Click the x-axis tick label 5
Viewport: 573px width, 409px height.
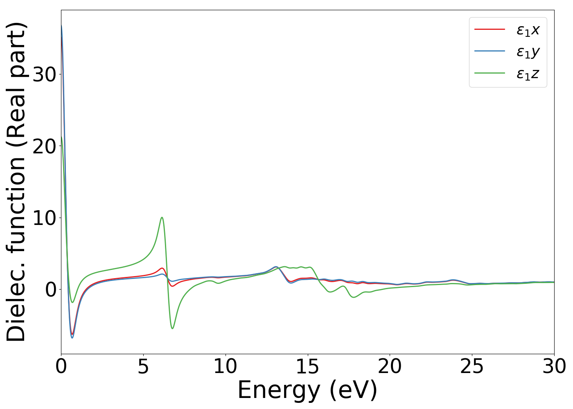pos(143,367)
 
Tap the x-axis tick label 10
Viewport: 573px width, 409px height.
pos(226,367)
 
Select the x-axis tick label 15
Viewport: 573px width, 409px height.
pos(308,367)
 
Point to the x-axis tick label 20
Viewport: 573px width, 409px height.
pos(390,367)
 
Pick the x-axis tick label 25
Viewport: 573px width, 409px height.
pos(472,367)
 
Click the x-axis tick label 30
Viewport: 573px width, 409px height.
pos(554,367)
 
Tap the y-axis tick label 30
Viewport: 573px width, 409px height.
pos(44,74)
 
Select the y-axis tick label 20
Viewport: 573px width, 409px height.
pos(44,146)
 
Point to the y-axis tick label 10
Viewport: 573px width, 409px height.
pos(44,218)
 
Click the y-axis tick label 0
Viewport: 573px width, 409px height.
pos(50,290)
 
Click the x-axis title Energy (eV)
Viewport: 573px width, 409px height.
pos(307,390)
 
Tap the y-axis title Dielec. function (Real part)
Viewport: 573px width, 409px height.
pos(16,182)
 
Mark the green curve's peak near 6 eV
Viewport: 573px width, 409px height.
pos(162,217)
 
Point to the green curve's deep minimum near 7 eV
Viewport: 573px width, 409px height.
pos(172,328)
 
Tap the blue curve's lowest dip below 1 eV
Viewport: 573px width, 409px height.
pos(72,338)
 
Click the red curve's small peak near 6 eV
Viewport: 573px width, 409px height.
pos(162,268)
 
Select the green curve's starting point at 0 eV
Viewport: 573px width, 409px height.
pos(61,137)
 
